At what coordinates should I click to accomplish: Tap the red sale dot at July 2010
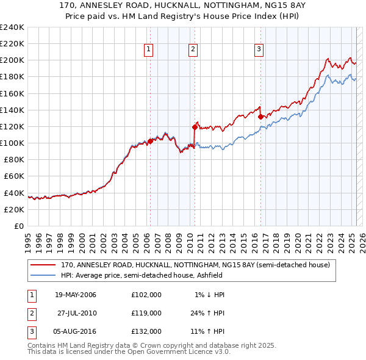click(195, 127)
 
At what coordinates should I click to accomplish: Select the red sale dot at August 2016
click(260, 116)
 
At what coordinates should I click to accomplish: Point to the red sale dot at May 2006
click(150, 141)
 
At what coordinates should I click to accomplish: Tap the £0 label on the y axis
click(18, 226)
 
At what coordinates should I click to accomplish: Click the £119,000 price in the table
click(146, 313)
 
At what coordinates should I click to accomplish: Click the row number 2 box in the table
click(30, 313)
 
